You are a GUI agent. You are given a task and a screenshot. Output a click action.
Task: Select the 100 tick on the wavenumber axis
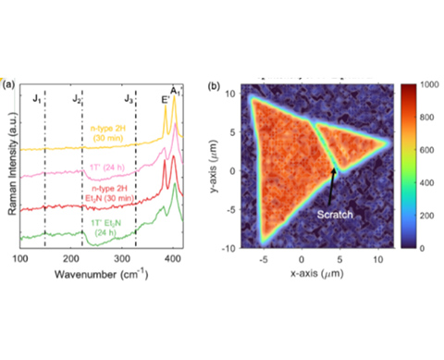[20, 261]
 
